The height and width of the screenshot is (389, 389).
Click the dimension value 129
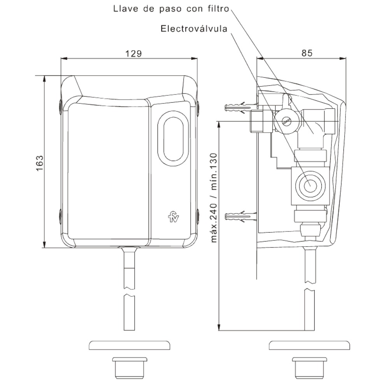point(133,53)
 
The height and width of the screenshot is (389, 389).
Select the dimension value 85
point(307,53)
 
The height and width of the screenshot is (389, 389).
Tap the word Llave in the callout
point(124,8)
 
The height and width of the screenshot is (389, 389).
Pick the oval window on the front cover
point(173,139)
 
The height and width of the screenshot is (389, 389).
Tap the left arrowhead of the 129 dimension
point(63,59)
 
